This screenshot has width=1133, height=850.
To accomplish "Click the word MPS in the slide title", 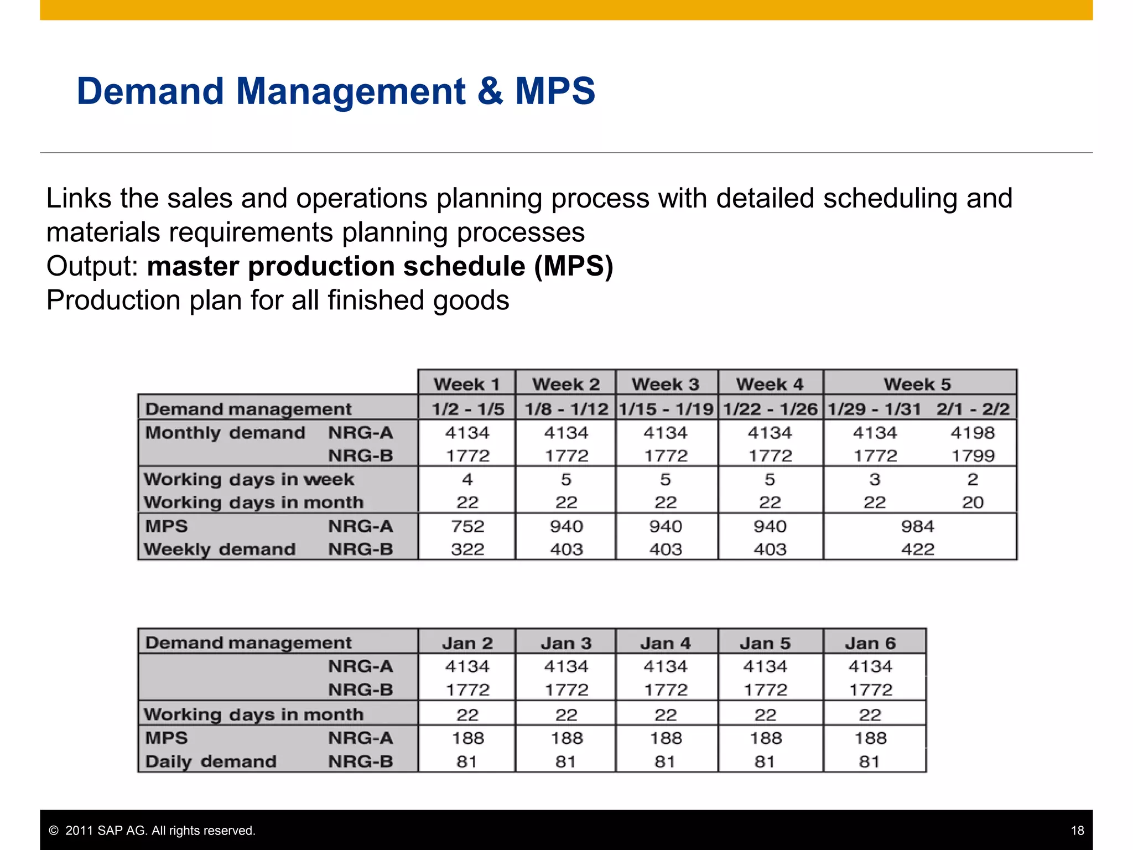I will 555,91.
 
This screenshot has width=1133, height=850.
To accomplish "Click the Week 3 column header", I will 666,384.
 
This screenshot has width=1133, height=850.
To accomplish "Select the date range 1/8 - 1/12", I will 566,409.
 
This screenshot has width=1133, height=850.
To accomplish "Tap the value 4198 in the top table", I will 973,433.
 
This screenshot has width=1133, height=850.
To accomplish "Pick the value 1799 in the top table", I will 973,456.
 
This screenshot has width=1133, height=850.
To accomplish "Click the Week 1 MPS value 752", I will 467,526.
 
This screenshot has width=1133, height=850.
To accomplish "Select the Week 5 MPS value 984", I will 917,526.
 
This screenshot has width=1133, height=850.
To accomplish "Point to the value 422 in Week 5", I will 917,550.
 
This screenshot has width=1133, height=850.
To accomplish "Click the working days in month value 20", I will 973,502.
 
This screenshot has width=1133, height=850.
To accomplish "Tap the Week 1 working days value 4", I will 467,479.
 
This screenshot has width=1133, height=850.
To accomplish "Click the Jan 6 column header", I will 870,643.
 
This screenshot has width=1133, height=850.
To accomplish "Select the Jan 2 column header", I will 467,643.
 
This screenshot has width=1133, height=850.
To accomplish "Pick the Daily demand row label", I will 211,761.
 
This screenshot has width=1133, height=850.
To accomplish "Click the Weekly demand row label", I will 220,550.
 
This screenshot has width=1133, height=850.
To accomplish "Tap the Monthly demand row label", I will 225,433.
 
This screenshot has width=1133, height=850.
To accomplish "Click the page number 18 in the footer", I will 1077,831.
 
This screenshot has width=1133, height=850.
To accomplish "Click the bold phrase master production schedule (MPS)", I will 380,266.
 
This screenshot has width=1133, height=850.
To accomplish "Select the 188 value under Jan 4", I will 666,738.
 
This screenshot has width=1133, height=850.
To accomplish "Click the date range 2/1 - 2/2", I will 973,409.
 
